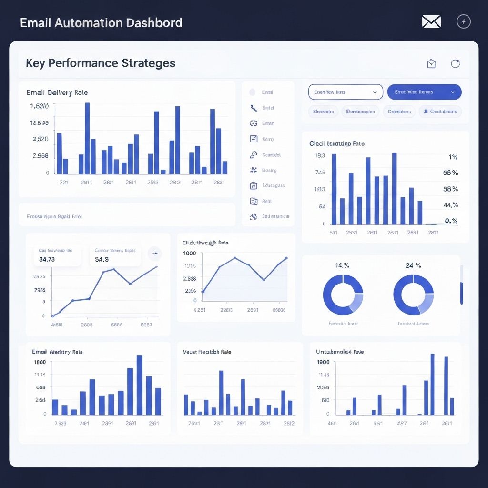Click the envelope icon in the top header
[x=431, y=21]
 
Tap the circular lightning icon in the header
[x=464, y=21]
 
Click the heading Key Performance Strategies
[x=101, y=63]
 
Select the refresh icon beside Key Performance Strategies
[x=456, y=64]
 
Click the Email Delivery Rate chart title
[x=57, y=92]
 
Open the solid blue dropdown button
[x=424, y=92]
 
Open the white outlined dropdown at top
[x=346, y=92]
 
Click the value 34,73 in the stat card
[x=47, y=259]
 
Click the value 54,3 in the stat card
[x=102, y=259]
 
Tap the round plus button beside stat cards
[x=155, y=254]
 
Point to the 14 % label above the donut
[x=342, y=265]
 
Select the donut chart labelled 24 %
[x=413, y=295]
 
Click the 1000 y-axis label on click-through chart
[x=189, y=254]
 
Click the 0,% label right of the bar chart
[x=451, y=221]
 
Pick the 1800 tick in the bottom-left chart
[x=40, y=362]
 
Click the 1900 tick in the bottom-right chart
[x=323, y=362]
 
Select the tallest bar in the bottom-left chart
[x=140, y=385]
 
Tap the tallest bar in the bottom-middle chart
[x=221, y=392]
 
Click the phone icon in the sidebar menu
[x=253, y=108]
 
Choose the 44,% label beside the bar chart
[x=450, y=205]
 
